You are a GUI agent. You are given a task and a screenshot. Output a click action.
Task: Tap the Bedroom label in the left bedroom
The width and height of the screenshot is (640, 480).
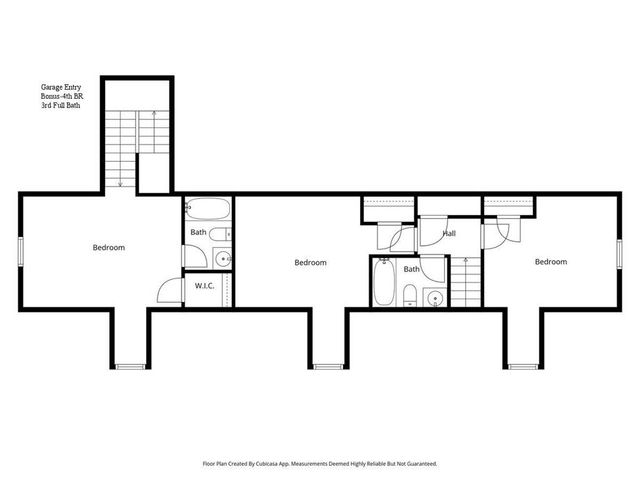click(x=109, y=247)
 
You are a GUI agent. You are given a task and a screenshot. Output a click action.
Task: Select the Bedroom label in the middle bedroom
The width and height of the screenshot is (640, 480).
click(x=310, y=263)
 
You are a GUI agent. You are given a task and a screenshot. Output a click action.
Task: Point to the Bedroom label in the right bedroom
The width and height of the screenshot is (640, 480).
click(x=550, y=262)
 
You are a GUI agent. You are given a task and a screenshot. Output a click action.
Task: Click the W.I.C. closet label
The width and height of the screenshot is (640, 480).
click(x=204, y=286)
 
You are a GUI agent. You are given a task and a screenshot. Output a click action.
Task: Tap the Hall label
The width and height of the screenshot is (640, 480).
click(x=449, y=233)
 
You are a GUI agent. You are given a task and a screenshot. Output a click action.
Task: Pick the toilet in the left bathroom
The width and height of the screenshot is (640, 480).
click(x=226, y=235)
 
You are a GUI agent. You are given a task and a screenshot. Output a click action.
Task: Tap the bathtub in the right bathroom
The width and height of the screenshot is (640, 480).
click(x=383, y=282)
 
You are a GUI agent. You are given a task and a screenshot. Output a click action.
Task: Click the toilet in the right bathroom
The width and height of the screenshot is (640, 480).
click(x=411, y=294)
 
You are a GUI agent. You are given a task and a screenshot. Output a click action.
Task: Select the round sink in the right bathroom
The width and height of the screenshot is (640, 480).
click(x=434, y=296)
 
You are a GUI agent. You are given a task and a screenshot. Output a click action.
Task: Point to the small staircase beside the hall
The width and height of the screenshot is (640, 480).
click(x=465, y=281)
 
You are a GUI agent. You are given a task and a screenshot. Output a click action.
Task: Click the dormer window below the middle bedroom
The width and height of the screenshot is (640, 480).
click(x=327, y=366)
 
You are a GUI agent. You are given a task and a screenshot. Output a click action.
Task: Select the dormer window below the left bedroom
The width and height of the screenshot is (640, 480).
click(x=129, y=366)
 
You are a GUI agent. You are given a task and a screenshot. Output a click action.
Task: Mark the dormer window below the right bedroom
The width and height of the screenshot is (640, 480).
click(x=524, y=366)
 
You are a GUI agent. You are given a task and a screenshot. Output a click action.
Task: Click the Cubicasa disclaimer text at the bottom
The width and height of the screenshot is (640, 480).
click(x=320, y=465)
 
